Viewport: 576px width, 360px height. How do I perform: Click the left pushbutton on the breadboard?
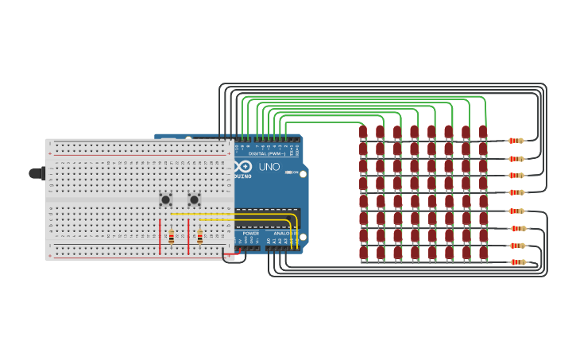pos(165,199)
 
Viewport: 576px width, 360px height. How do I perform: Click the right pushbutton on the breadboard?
pos(194,199)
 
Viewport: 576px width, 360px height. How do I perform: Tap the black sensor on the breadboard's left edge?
pos(37,173)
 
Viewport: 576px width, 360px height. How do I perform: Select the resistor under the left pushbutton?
pos(171,236)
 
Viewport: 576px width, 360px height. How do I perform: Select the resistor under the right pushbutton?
pos(199,236)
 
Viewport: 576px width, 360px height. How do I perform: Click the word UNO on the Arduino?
pos(269,167)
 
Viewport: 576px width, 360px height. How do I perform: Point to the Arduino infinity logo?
pos(244,166)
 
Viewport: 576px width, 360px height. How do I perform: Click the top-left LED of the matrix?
pos(363,132)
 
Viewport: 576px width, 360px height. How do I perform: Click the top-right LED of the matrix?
pos(483,132)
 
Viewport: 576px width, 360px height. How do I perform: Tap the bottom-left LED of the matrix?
pos(363,253)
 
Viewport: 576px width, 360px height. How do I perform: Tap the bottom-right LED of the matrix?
pos(483,253)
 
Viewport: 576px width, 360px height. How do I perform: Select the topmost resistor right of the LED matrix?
pos(516,141)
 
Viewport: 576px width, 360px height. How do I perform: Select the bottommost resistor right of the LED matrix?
pos(517,261)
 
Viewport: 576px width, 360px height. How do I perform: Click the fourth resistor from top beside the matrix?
pos(516,192)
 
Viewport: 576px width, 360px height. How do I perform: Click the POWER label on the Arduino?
pos(250,233)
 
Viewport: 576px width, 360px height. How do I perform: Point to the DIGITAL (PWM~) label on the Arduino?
pos(269,153)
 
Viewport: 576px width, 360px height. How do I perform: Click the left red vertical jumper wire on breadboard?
pos(160,236)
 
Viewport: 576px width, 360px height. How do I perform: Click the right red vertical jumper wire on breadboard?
pos(188,236)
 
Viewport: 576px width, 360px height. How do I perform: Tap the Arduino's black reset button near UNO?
pos(303,173)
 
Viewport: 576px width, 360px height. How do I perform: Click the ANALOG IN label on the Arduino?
pos(283,233)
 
